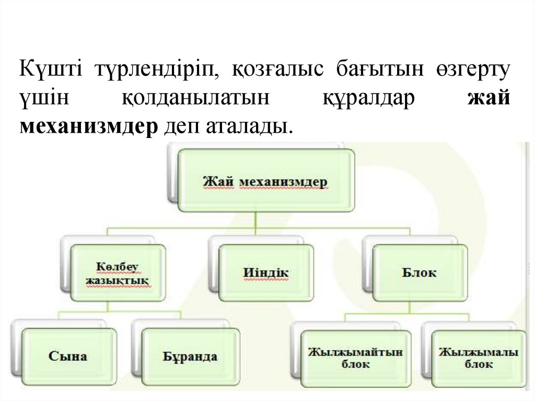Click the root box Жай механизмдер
click(x=265, y=181)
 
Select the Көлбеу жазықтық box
click(x=118, y=273)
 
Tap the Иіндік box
click(x=266, y=273)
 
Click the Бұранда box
click(x=190, y=357)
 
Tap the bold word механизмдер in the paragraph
click(x=89, y=126)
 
